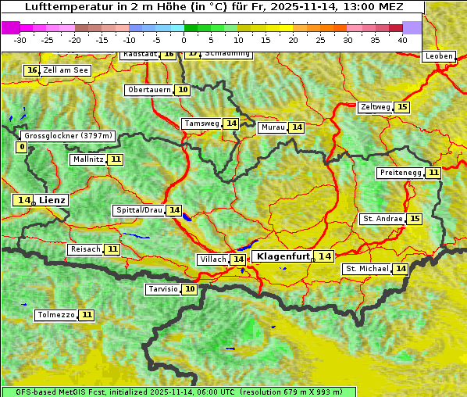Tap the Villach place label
point(213,259)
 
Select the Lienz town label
point(52,200)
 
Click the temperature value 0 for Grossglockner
point(21,147)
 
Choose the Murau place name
point(273,127)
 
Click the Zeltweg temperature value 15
point(402,107)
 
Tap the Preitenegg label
point(401,173)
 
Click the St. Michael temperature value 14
point(401,269)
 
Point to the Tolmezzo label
point(56,316)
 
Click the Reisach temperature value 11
point(112,249)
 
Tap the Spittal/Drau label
point(139,210)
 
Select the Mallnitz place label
point(87,159)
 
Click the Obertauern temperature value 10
point(183,90)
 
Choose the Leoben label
point(437,56)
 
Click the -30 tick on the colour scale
point(20,39)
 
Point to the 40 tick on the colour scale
point(402,39)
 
